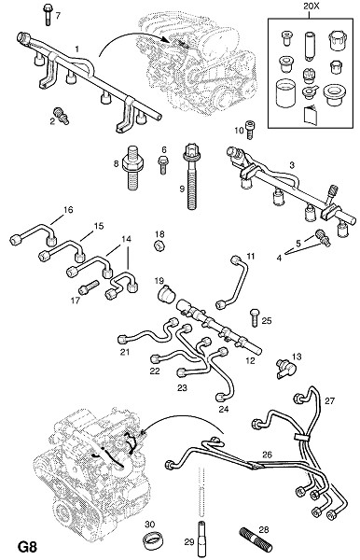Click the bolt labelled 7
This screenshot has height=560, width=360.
48,14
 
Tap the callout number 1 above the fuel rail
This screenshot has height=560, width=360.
77,49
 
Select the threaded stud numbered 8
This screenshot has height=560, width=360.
132,167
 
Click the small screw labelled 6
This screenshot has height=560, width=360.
162,164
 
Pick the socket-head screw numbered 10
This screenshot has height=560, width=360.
251,129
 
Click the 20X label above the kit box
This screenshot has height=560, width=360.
309,7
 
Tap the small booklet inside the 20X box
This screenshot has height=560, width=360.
310,116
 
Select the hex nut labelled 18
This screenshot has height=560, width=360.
158,245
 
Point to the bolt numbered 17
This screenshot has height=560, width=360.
89,287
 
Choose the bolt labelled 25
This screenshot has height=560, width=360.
255,317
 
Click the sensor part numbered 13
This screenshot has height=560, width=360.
286,369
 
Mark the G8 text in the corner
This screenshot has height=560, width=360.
27,547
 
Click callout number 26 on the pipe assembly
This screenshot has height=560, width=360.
267,455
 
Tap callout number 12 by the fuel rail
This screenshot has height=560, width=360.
251,360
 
